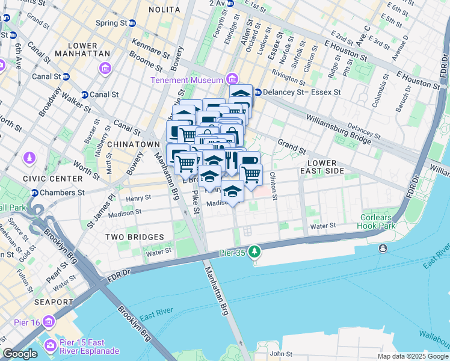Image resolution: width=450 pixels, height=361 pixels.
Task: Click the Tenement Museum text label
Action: pyautogui.click(x=186, y=80)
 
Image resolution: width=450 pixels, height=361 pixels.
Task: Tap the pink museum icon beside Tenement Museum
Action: pyautogui.click(x=231, y=80)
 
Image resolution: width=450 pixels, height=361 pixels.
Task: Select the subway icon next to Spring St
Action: pyautogui.click(x=132, y=23)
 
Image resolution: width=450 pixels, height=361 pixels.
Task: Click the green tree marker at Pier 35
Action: pyautogui.click(x=256, y=250)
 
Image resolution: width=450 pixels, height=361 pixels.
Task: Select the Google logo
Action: pyautogui.click(x=20, y=354)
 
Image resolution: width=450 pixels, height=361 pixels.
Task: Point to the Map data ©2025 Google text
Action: pyautogui.click(x=412, y=356)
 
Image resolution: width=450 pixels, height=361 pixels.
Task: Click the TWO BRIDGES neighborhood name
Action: pyautogui.click(x=131, y=238)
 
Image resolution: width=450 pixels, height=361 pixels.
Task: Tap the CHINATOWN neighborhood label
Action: pyautogui.click(x=133, y=145)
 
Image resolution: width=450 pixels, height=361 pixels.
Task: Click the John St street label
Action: pyautogui.click(x=280, y=354)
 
